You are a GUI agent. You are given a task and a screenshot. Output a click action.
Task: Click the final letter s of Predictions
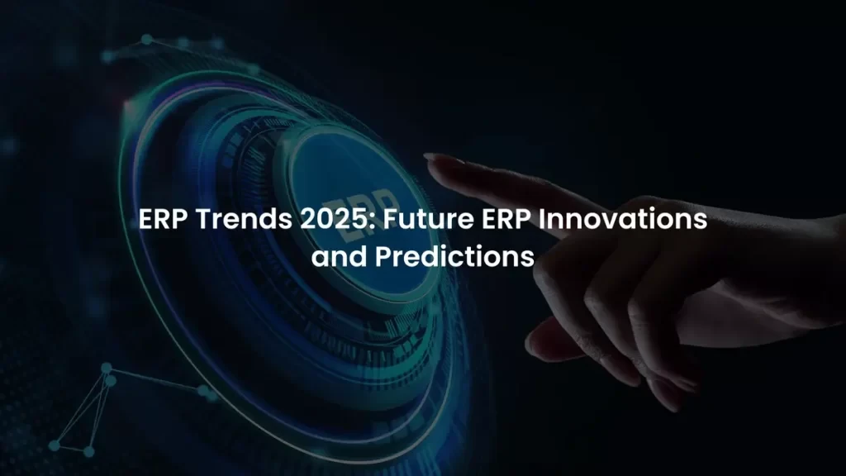pos(528,257)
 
